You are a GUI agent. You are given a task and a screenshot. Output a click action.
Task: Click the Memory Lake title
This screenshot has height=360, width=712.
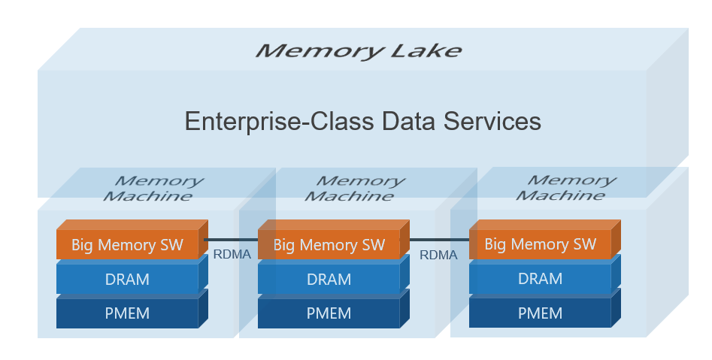(x=359, y=50)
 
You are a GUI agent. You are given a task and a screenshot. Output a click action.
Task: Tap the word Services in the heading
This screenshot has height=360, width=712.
(x=492, y=121)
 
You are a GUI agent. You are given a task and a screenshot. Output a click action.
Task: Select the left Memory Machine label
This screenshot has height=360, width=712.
(x=153, y=189)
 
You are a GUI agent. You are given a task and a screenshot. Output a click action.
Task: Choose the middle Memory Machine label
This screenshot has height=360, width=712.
(x=355, y=189)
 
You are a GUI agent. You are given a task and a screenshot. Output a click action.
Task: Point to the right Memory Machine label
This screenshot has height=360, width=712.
(x=566, y=187)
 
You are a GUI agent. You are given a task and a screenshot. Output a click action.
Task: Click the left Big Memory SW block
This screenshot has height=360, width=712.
(x=132, y=240)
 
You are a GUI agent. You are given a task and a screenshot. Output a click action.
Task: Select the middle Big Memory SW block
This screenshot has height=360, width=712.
(x=334, y=240)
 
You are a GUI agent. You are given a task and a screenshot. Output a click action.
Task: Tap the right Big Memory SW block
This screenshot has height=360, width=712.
(x=545, y=239)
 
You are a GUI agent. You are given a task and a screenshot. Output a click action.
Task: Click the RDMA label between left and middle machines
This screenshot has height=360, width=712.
(x=232, y=255)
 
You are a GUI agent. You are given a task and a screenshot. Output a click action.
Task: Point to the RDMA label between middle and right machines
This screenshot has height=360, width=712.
(x=438, y=255)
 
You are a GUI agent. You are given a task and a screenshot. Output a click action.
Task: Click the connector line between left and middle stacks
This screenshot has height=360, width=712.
(x=231, y=240)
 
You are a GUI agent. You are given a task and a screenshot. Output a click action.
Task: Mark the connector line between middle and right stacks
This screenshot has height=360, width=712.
(x=440, y=240)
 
